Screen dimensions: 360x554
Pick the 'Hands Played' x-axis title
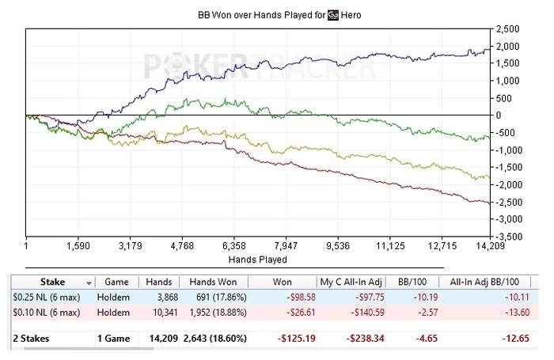(x=257, y=259)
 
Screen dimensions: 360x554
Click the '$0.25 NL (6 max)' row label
(x=46, y=297)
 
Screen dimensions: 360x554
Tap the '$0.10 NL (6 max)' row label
(x=46, y=313)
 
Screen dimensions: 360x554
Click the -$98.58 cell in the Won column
(x=292, y=297)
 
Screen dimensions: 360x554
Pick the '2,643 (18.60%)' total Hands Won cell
(x=212, y=339)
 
